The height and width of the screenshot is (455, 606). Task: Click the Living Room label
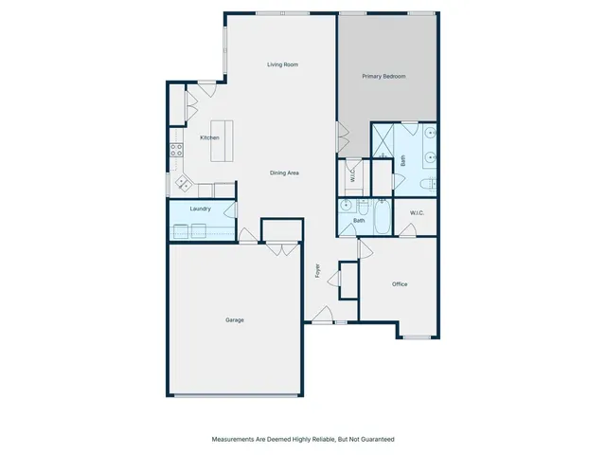point(282,64)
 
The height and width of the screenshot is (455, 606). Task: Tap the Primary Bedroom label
point(383,76)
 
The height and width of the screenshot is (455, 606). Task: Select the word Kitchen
point(209,137)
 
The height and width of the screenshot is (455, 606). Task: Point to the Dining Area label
point(285,173)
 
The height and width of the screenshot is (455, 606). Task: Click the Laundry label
point(200,209)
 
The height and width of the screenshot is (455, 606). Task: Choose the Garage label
point(234,319)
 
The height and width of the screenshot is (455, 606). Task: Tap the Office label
point(400,283)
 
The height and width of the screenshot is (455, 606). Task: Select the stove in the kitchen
point(175,149)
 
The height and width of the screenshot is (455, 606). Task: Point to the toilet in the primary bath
point(427,183)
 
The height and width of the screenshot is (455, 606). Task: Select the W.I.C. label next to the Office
point(418,213)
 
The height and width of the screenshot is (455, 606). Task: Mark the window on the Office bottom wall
point(417,337)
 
